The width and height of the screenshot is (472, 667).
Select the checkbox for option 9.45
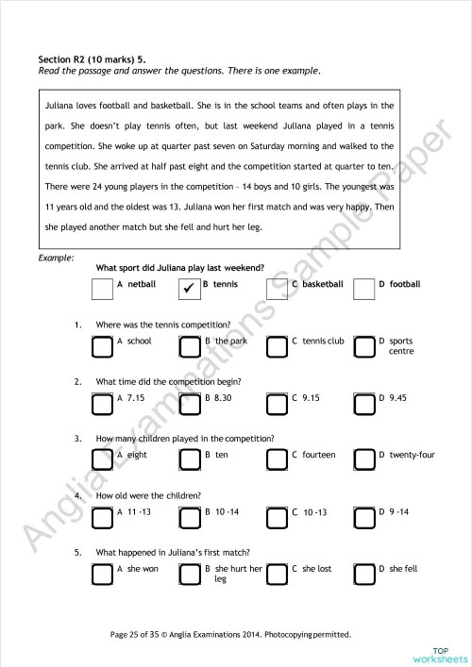(363, 404)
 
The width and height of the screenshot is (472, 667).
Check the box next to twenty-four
(363, 460)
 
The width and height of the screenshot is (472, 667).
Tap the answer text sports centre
(400, 345)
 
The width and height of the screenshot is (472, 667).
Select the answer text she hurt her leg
(238, 574)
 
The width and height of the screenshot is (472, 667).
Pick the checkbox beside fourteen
(277, 460)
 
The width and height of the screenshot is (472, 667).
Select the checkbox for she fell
(363, 575)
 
